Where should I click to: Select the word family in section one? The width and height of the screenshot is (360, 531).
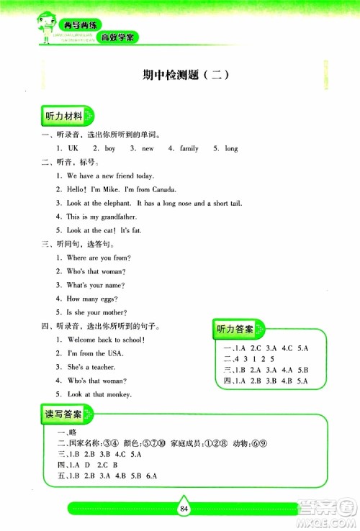coord(189,148)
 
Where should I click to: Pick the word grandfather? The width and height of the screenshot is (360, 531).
coord(117,217)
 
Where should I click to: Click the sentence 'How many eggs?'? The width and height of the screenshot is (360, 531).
coord(92,299)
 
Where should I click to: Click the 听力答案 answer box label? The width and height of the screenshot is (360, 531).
coord(235,330)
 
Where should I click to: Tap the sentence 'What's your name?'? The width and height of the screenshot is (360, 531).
coord(96,285)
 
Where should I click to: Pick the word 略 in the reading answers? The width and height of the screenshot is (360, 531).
coord(71,432)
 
